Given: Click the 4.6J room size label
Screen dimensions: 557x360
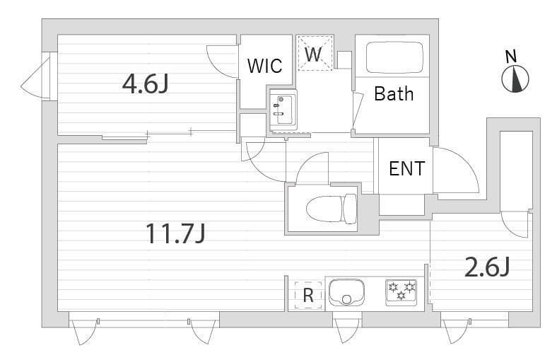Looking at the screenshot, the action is pyautogui.click(x=145, y=86).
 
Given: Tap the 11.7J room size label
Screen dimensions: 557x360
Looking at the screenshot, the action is pyautogui.click(x=175, y=233).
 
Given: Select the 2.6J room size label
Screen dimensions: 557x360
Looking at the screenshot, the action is pyautogui.click(x=487, y=267).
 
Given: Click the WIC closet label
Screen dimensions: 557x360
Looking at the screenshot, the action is pyautogui.click(x=264, y=66).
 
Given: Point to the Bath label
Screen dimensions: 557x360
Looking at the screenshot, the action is pyautogui.click(x=394, y=94).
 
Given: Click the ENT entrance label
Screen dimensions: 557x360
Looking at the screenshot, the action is pyautogui.click(x=406, y=168).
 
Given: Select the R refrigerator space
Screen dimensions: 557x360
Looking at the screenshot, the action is pyautogui.click(x=308, y=295).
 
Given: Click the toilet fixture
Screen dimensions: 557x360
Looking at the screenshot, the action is pyautogui.click(x=331, y=209).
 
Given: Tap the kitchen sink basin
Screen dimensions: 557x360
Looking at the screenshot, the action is pyautogui.click(x=346, y=293).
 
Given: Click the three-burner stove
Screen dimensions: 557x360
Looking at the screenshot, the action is pyautogui.click(x=401, y=293).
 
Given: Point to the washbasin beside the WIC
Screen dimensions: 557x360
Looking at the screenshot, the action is pyautogui.click(x=283, y=109).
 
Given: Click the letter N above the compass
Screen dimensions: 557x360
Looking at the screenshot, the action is pyautogui.click(x=511, y=57).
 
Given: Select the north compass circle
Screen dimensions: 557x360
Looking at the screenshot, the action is pyautogui.click(x=515, y=79).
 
